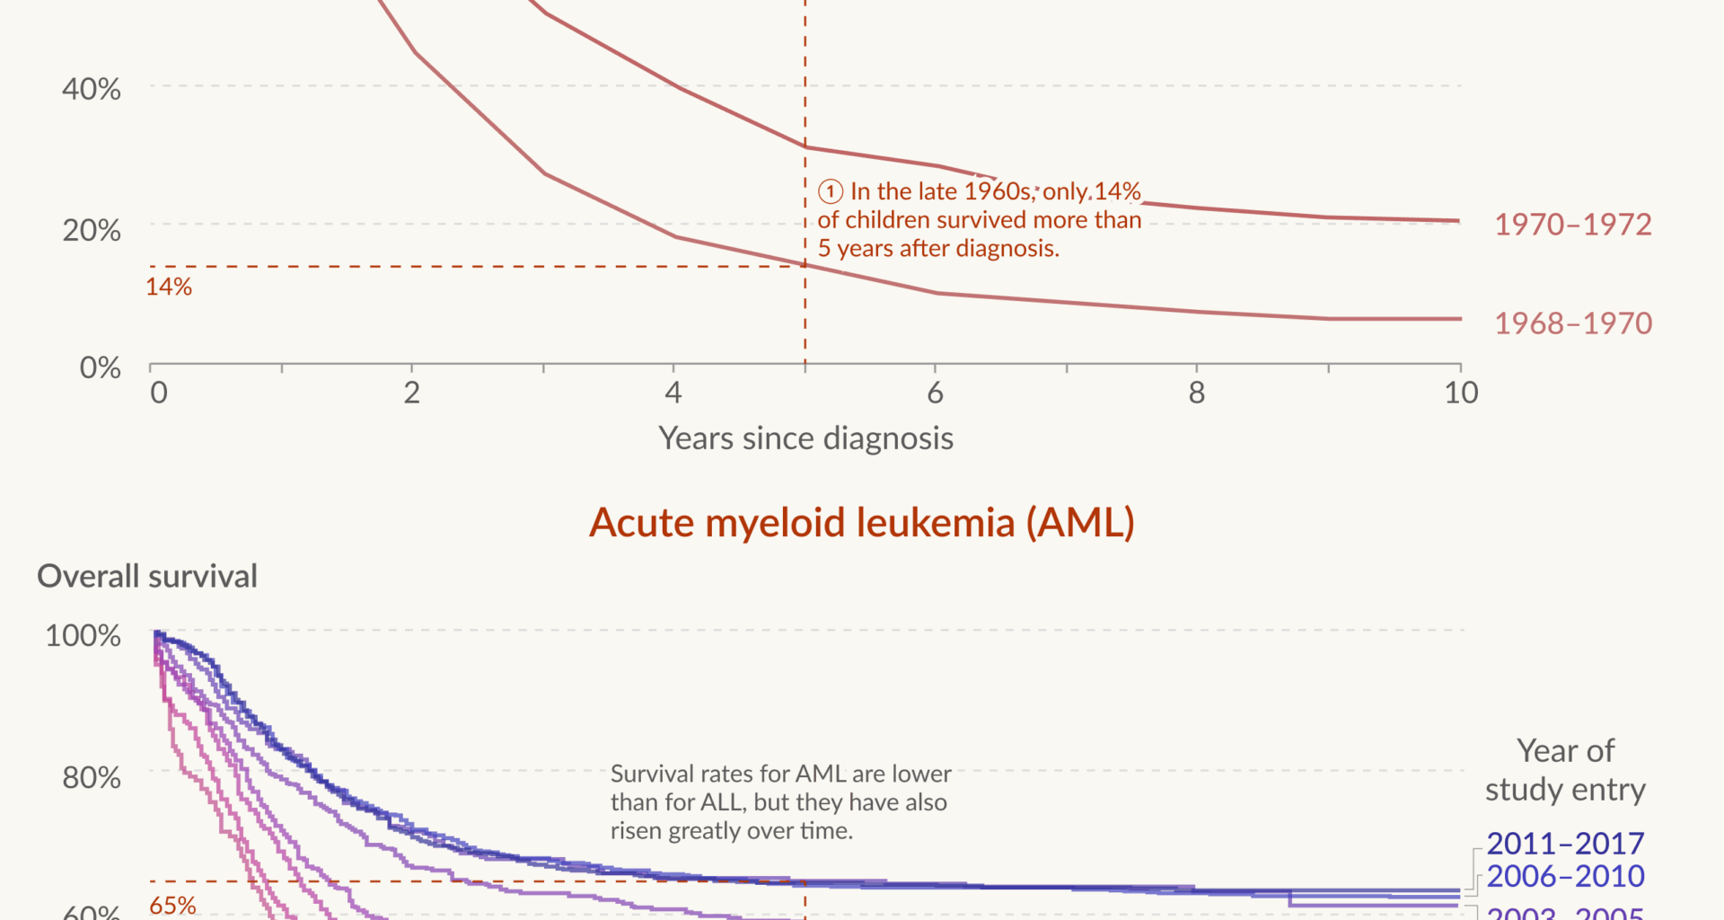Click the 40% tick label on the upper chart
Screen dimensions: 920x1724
click(91, 89)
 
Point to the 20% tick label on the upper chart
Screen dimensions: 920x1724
click(91, 230)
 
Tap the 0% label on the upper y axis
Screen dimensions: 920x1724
click(100, 367)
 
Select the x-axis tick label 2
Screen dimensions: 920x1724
click(411, 393)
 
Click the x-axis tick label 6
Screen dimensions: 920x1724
click(935, 393)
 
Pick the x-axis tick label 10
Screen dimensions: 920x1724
click(1461, 393)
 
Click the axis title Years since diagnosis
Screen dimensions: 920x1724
click(805, 438)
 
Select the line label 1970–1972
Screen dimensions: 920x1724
click(1572, 225)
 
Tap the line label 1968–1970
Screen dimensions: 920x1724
click(1572, 323)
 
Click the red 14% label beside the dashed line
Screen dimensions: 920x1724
click(169, 287)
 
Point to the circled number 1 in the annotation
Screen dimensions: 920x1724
click(831, 191)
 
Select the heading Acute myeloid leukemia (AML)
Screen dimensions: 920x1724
click(861, 523)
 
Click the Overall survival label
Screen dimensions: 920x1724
click(147, 576)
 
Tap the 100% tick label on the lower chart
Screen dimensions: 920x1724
click(83, 636)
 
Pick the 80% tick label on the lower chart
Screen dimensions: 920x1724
click(91, 777)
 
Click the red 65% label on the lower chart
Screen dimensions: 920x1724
click(172, 905)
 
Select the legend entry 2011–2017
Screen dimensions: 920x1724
click(1565, 844)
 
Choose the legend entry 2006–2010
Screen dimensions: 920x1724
click(1565, 876)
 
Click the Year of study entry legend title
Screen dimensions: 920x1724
click(1565, 770)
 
